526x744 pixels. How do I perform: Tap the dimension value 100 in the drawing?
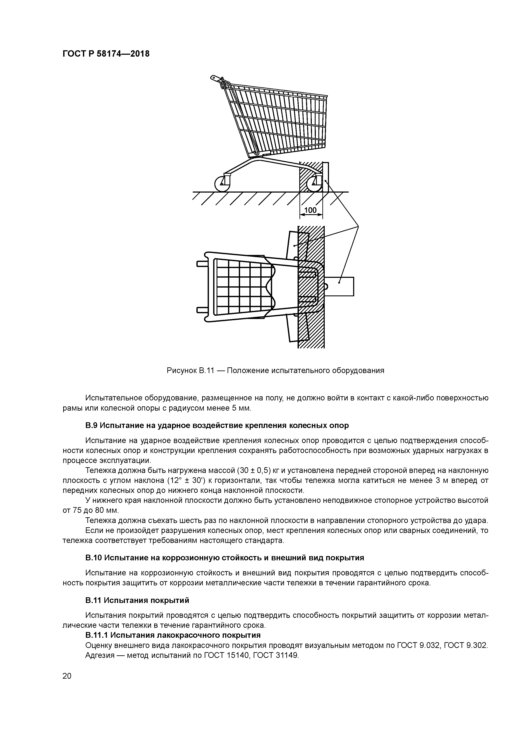tap(311, 210)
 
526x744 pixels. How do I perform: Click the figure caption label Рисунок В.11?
tap(190, 370)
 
